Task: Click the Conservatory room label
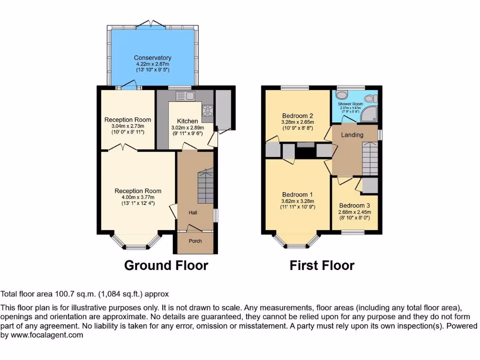[152, 58]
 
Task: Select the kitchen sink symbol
[186, 96]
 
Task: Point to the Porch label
[195, 241]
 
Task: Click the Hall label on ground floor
[193, 213]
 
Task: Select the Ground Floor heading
[166, 265]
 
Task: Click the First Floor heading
[322, 265]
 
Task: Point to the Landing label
[352, 135]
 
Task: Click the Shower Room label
[351, 104]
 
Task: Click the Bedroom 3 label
[352, 205]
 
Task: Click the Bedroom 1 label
[297, 195]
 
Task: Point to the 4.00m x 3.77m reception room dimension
[138, 197]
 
